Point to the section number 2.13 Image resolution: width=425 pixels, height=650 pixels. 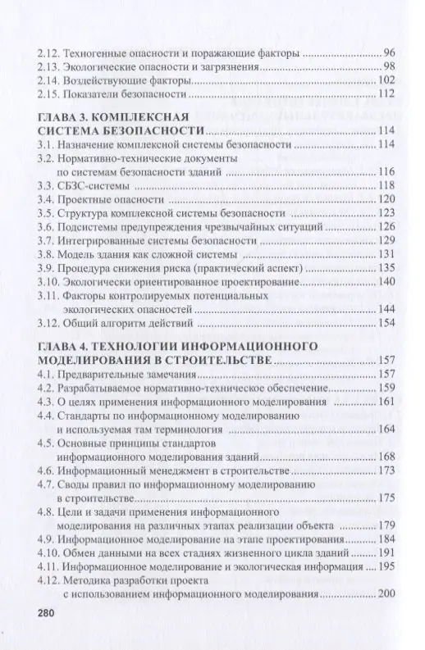click(50, 65)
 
